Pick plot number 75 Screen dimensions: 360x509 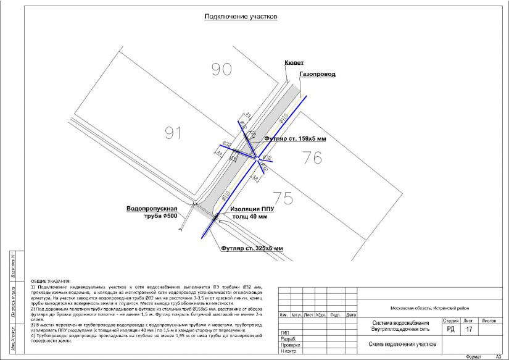(x=283, y=198)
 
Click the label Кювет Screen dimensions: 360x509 (x=294, y=63)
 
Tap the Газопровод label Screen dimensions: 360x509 (x=317, y=74)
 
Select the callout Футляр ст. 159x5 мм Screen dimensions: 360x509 (x=295, y=139)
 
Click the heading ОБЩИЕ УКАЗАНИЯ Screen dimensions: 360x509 (x=51, y=281)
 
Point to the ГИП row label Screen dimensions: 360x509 (x=284, y=333)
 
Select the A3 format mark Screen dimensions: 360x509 (x=498, y=356)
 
